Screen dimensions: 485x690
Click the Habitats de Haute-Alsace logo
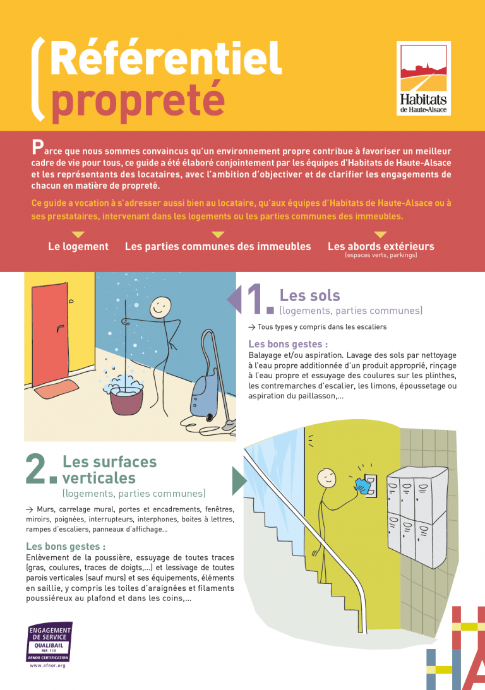tap(423, 78)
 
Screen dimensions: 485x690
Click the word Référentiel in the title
tap(166, 59)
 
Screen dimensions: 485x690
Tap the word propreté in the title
tap(138, 100)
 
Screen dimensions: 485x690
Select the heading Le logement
tap(78, 246)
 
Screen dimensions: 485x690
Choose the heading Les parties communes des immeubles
tap(218, 246)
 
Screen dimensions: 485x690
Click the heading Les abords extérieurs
tap(381, 246)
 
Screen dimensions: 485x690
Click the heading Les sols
tap(310, 295)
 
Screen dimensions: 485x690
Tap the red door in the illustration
tap(50, 335)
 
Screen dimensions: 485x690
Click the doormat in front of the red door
tap(56, 390)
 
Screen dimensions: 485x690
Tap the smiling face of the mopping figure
tap(160, 307)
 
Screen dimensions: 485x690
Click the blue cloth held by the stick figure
tap(362, 485)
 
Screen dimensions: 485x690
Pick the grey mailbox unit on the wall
tap(417, 514)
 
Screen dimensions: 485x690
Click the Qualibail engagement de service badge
tap(49, 641)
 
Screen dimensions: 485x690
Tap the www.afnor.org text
tap(47, 665)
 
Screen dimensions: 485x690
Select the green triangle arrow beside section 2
tap(239, 480)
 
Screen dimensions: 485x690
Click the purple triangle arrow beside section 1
tap(234, 299)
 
